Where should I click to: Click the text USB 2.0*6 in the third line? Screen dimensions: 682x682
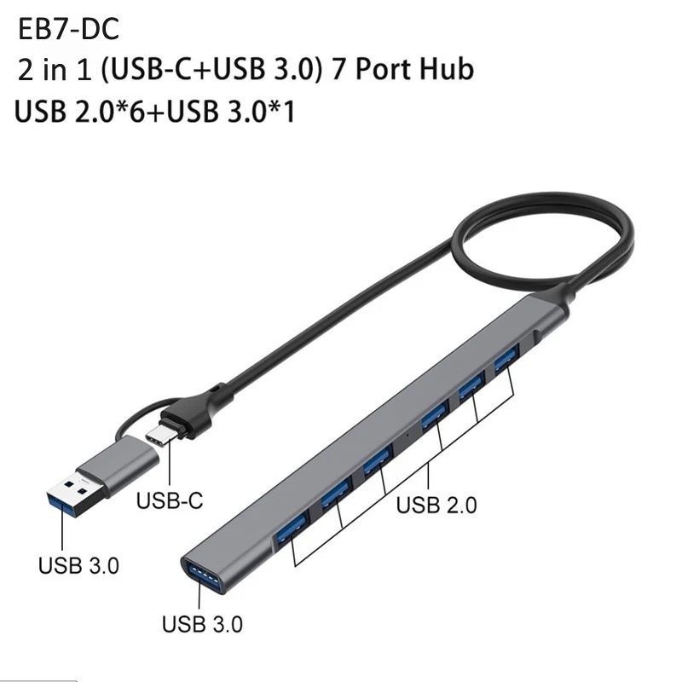coord(80,113)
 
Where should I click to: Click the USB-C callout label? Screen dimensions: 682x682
coord(169,500)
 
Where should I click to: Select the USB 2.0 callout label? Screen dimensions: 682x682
coord(436,505)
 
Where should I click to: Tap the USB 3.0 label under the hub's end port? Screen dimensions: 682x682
coord(202,624)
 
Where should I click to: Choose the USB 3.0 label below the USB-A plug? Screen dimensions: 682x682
coord(78,565)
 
